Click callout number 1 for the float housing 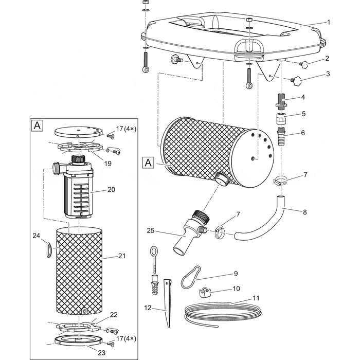click(x=329, y=23)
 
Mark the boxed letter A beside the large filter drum click(x=148, y=163)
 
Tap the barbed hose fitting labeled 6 click(x=281, y=138)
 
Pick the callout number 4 click(x=303, y=97)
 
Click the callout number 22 click(x=114, y=315)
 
